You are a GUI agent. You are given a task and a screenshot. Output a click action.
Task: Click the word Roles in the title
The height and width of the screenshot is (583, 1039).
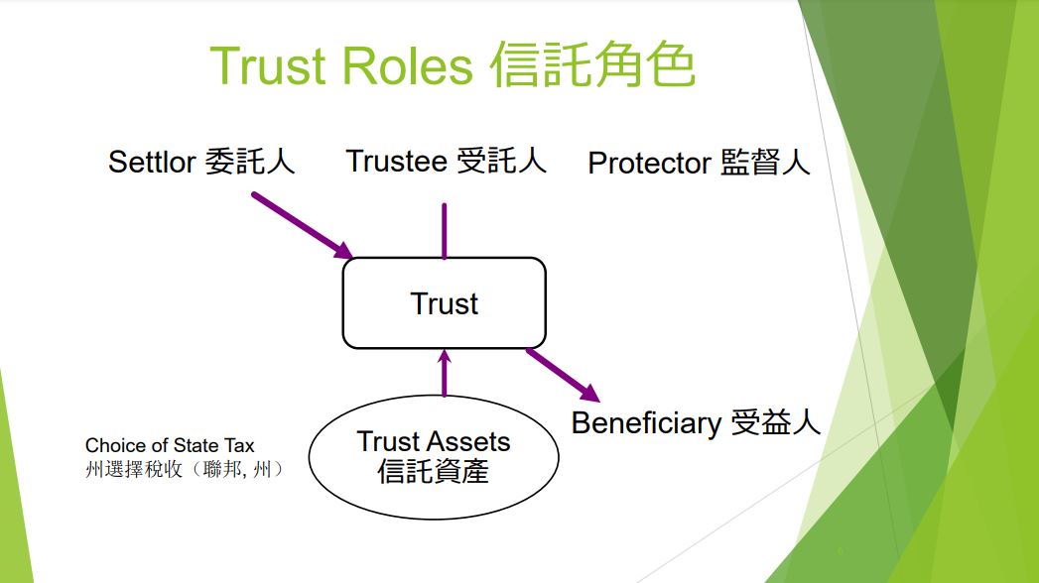tap(407, 66)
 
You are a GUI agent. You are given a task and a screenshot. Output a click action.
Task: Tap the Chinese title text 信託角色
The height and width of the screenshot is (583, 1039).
tap(592, 64)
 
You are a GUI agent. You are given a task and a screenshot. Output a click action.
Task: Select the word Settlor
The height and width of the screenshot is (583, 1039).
tap(152, 162)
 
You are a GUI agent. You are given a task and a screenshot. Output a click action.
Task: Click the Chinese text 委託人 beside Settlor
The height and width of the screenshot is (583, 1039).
tap(249, 161)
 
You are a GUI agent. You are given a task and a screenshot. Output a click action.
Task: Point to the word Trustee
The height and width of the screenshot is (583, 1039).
tap(397, 161)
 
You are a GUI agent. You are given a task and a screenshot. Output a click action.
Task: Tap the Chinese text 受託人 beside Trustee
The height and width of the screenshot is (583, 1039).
tap(501, 161)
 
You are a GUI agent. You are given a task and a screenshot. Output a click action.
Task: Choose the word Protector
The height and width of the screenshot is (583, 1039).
tap(649, 163)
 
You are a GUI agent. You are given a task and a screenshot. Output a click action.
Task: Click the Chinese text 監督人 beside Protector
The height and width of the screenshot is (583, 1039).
tap(765, 163)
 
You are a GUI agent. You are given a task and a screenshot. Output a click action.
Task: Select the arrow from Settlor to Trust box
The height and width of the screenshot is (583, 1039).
tap(302, 225)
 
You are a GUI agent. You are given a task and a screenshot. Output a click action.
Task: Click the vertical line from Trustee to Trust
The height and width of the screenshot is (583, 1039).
tap(444, 230)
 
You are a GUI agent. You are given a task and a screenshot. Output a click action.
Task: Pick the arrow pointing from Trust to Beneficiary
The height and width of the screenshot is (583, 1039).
tap(563, 375)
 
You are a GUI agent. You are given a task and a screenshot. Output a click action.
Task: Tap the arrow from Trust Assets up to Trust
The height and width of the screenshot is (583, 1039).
tap(444, 373)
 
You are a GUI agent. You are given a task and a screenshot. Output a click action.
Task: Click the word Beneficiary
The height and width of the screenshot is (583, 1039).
tap(646, 423)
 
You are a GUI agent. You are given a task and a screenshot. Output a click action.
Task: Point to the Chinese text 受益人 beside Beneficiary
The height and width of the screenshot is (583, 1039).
tap(775, 422)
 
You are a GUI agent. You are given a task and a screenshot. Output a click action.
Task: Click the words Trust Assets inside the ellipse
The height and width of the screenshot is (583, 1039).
tap(434, 441)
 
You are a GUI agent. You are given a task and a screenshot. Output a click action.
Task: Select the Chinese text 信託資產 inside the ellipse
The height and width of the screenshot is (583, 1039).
tap(434, 471)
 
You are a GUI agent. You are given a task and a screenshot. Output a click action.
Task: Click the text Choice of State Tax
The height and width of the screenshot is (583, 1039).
tap(170, 445)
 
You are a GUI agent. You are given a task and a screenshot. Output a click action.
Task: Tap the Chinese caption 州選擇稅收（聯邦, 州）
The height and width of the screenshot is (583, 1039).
tap(185, 469)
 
